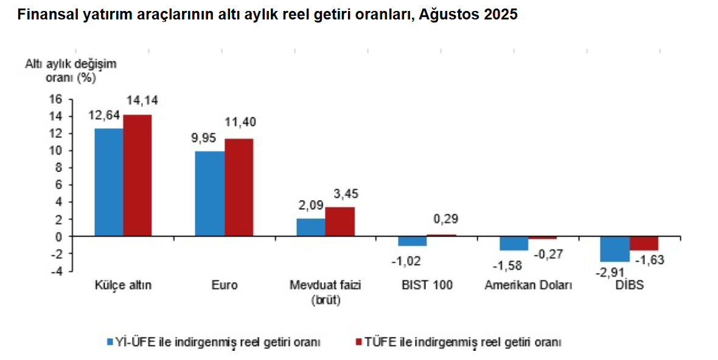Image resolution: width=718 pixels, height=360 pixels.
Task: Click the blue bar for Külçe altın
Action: (x=108, y=182)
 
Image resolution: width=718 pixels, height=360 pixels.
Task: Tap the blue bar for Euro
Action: (x=209, y=193)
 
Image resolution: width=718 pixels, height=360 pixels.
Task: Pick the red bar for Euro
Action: (x=239, y=187)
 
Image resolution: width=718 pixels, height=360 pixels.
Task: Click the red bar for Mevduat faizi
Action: (x=340, y=221)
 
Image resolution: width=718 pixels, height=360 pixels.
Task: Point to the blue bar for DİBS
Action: (x=615, y=249)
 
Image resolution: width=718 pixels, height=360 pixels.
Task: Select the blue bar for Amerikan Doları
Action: (x=514, y=243)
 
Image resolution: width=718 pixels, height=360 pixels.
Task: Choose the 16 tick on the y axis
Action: (x=56, y=99)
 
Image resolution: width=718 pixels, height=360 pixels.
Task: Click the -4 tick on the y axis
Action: (x=56, y=271)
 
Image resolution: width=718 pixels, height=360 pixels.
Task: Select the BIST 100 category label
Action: (x=427, y=285)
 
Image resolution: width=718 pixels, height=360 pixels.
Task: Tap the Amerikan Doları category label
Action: (x=528, y=285)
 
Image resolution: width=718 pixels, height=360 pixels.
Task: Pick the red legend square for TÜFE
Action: (x=359, y=342)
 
